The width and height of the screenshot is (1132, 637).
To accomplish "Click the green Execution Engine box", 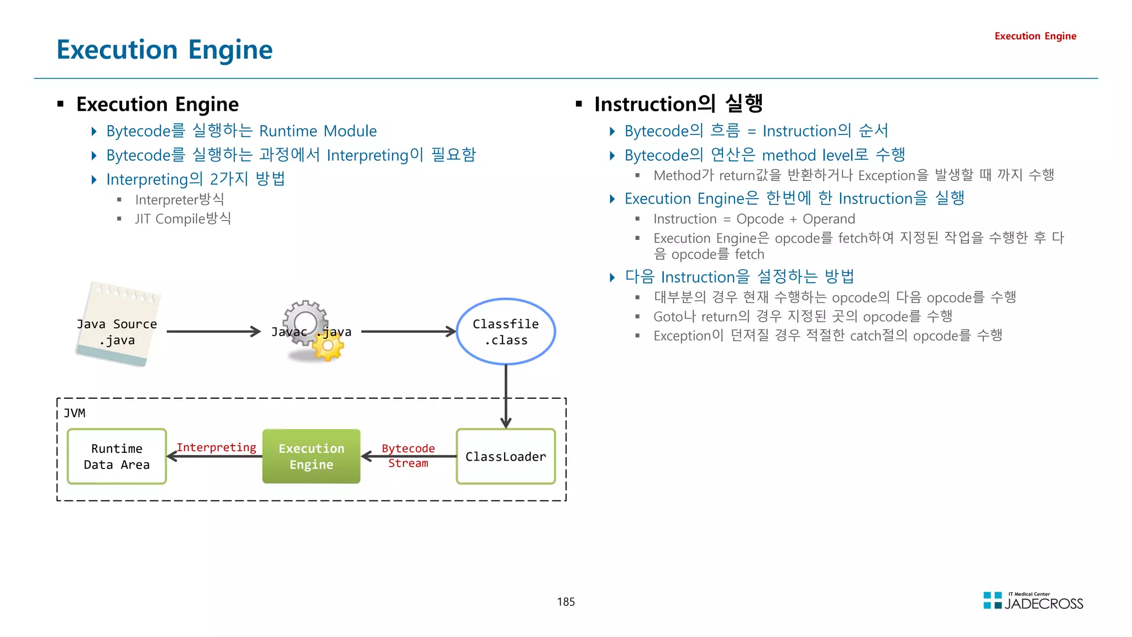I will pos(311,456).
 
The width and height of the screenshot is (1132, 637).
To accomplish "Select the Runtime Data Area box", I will pos(117,456).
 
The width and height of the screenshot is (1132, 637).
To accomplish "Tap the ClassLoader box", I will pos(505,456).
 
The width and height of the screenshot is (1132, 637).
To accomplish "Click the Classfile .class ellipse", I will pos(505,332).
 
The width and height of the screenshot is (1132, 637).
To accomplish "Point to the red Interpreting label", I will pos(216,447).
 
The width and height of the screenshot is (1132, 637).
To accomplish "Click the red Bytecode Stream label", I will pos(408,456).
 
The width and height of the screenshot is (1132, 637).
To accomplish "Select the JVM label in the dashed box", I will pos(74,413).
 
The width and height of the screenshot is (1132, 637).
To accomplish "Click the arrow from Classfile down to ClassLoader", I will pos(505,395).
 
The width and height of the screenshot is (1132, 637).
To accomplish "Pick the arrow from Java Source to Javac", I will pos(213,332).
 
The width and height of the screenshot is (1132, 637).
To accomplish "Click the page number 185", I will pos(565,602).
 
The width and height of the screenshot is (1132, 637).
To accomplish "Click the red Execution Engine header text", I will pos(1035,36).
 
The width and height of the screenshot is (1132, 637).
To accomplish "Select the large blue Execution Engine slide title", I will pos(164,50).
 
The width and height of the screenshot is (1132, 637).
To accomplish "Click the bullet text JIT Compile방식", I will pos(182,219).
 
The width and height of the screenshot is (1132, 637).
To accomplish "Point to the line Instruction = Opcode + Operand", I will pos(753,219).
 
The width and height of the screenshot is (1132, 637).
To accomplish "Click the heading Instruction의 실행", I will pos(678,104).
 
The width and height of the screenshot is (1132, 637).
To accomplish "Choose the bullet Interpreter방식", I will pos(179,200).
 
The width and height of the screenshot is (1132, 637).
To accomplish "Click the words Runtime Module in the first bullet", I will pos(318,131).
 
